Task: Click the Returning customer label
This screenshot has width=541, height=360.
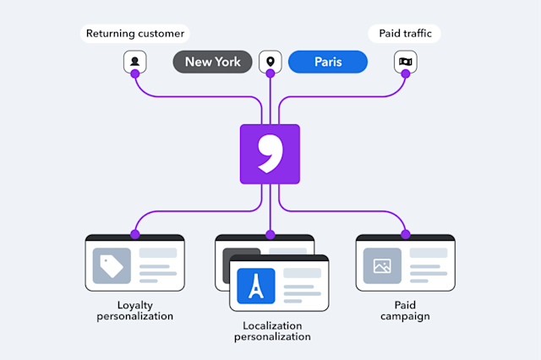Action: click(x=135, y=35)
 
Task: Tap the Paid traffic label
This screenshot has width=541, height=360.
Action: click(x=404, y=35)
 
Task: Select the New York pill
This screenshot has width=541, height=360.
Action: click(x=212, y=62)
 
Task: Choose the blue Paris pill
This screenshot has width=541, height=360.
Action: click(x=328, y=62)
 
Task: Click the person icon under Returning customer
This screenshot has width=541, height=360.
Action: click(x=134, y=62)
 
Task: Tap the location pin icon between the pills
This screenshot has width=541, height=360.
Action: click(x=270, y=62)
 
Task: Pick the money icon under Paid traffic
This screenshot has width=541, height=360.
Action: click(x=405, y=62)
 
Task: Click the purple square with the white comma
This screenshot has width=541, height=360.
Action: click(x=270, y=154)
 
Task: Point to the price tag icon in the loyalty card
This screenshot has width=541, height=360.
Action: click(x=112, y=265)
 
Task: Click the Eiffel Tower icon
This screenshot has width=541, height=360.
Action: click(x=256, y=286)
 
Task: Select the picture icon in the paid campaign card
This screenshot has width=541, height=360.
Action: click(x=382, y=265)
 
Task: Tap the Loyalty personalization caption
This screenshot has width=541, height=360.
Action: click(x=134, y=310)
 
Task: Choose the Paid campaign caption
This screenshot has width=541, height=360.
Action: click(x=405, y=310)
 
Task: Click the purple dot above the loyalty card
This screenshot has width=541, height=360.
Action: click(x=134, y=233)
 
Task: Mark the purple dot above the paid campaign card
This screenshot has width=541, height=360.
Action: click(x=405, y=233)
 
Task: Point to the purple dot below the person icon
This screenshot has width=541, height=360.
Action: click(x=134, y=74)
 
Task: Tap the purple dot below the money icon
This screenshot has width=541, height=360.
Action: click(x=405, y=74)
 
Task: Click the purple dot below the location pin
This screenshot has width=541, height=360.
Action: click(x=270, y=74)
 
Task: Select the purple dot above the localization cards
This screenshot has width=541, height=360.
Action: click(x=270, y=233)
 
